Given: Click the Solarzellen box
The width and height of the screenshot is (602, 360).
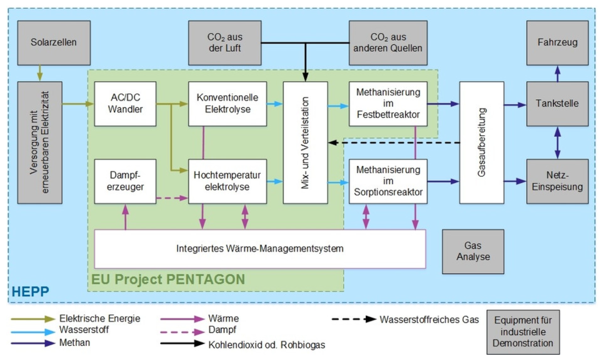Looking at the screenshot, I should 54,42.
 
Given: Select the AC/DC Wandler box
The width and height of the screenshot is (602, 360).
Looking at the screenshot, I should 125,103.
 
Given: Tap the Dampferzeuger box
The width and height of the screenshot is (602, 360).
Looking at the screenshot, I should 125,181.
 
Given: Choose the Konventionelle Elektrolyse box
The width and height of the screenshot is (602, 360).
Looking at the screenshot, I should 227,103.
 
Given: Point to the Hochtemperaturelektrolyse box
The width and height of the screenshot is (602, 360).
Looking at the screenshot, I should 227,181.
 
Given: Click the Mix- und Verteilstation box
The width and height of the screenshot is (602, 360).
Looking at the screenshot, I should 305,143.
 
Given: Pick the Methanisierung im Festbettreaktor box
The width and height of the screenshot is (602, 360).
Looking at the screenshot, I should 388,103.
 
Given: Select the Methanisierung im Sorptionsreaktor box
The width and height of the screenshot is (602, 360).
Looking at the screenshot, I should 388,181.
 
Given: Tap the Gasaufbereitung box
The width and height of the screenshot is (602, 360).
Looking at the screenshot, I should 481,143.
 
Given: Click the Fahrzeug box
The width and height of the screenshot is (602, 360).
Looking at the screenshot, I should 557,42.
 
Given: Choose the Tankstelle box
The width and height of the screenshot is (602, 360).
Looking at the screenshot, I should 557,103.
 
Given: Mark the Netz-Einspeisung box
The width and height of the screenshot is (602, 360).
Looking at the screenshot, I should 557,181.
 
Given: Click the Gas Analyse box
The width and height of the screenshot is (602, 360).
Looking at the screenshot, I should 473,251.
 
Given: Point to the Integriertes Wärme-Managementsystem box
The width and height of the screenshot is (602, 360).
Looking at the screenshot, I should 260,249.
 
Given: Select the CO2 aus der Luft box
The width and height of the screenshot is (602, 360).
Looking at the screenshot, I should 224,42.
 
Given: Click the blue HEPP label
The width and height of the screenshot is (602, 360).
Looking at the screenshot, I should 30,292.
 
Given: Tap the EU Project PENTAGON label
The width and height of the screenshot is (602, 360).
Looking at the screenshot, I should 168,279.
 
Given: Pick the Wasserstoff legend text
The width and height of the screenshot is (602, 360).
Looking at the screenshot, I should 84,329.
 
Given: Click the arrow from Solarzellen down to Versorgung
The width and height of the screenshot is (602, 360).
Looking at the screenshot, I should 40,73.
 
